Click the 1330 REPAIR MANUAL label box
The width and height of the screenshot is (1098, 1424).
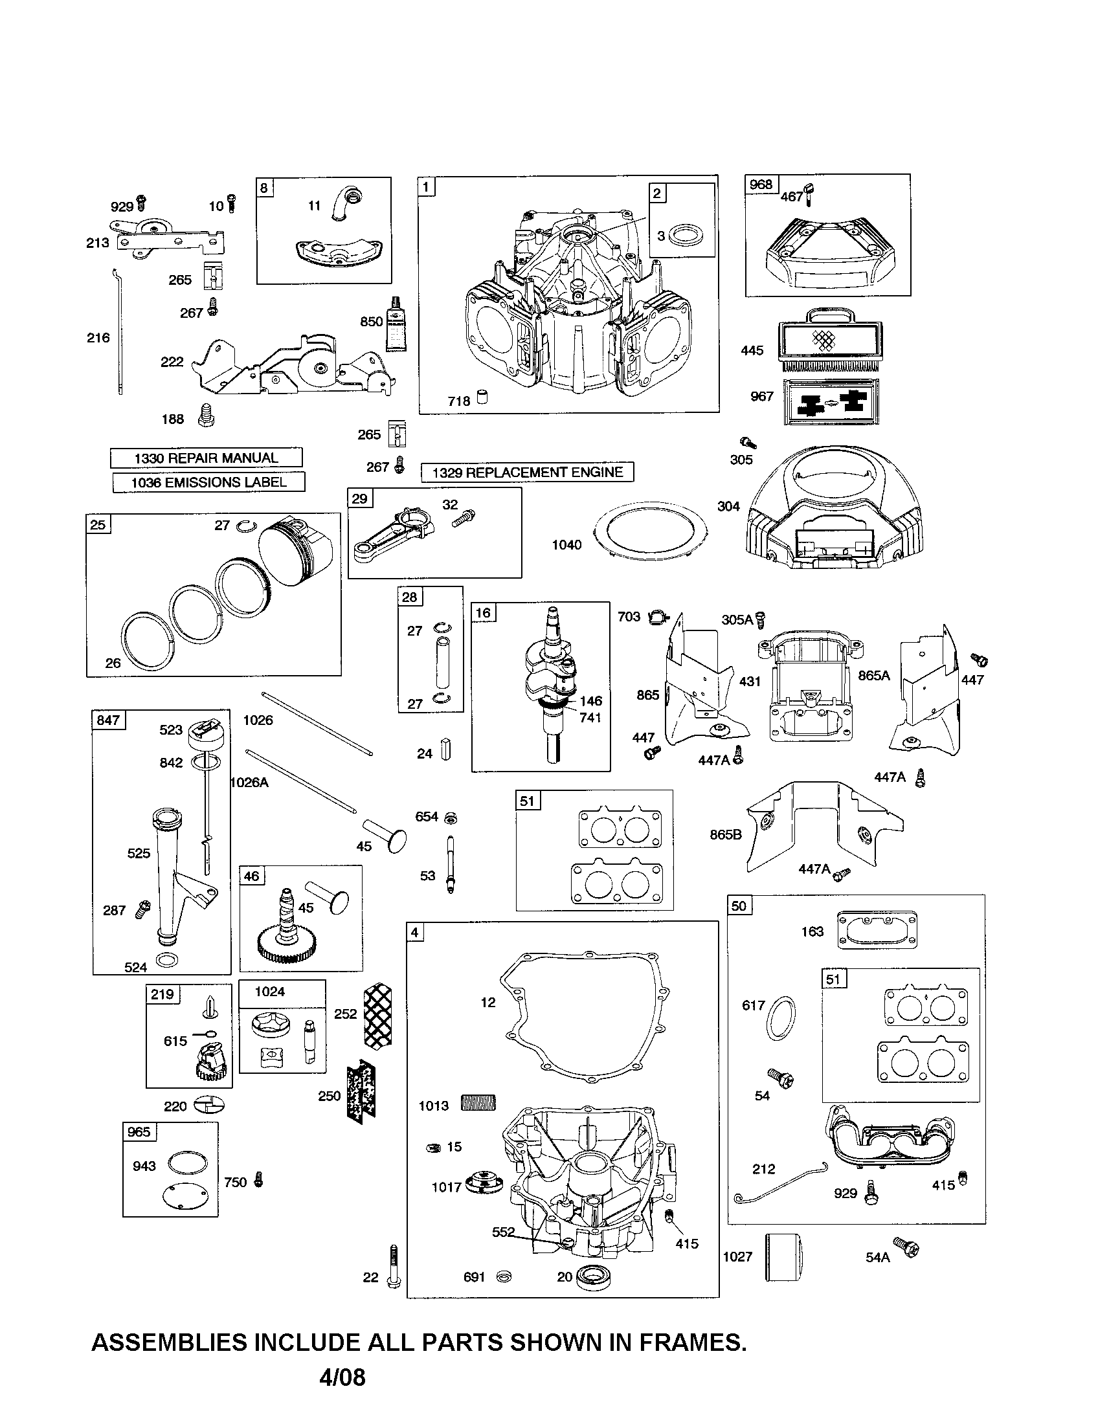(206, 458)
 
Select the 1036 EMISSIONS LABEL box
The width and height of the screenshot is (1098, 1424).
(208, 482)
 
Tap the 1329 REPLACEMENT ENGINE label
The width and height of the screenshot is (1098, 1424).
(528, 472)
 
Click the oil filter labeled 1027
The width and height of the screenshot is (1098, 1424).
(782, 1257)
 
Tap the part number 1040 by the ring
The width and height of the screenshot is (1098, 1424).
(566, 545)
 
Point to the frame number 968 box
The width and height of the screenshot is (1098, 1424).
(760, 184)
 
